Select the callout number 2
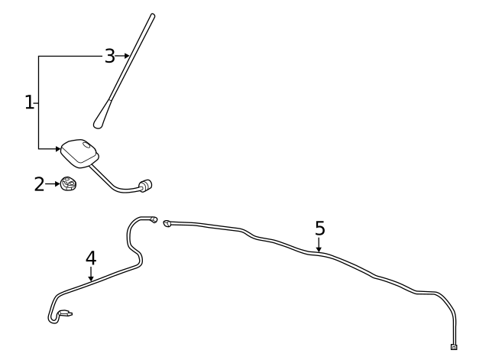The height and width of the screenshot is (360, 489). (40, 184)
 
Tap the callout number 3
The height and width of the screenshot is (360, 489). (110, 56)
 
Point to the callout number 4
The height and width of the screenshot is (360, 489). (91, 258)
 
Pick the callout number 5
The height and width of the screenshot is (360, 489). (319, 228)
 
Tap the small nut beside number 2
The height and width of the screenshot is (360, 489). (69, 184)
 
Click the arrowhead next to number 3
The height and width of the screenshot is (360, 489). (126, 56)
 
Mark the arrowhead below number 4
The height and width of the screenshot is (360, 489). (91, 280)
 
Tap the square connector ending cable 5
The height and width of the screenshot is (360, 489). (454, 346)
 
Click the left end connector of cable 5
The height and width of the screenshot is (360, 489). (167, 222)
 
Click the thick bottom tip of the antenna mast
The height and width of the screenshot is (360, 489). (99, 121)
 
